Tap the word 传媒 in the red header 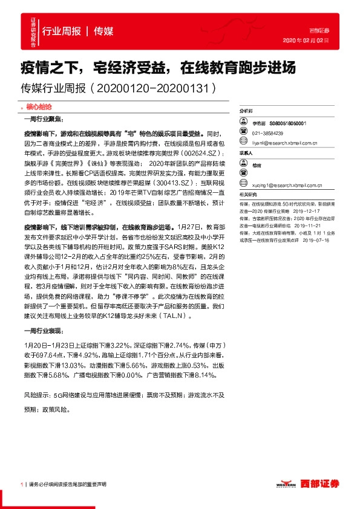[x=104, y=31]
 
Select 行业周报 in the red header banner [x=62, y=31]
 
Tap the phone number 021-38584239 [x=269, y=133]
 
